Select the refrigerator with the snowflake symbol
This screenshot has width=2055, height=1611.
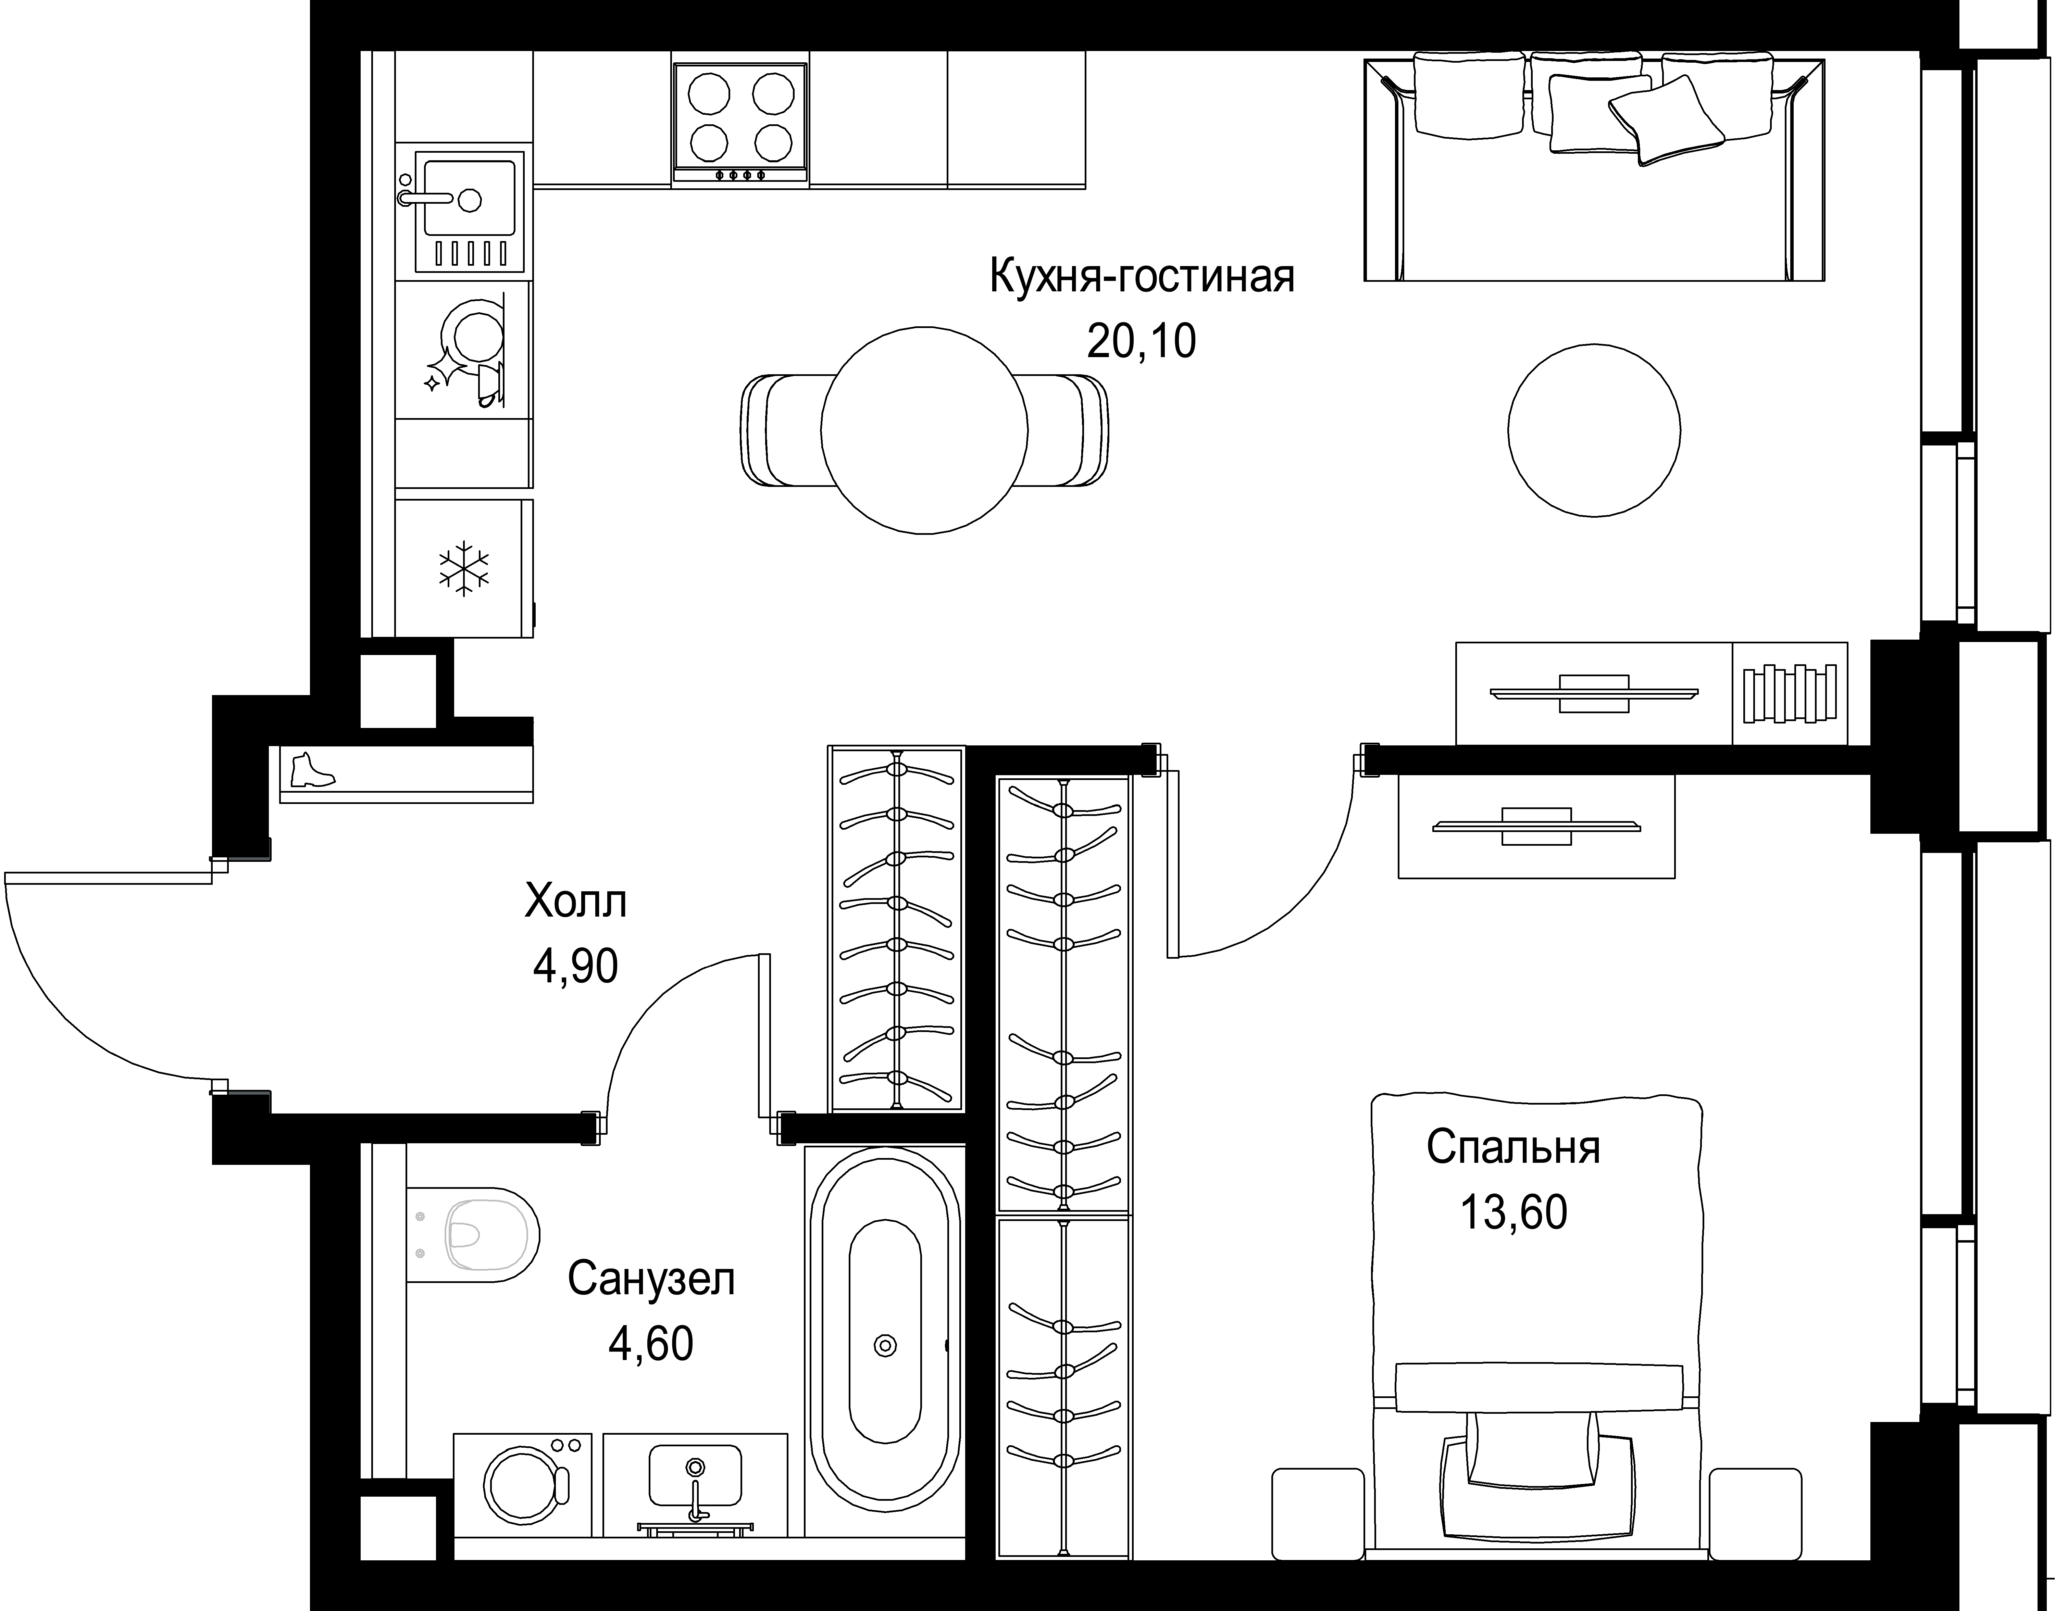coord(464,568)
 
